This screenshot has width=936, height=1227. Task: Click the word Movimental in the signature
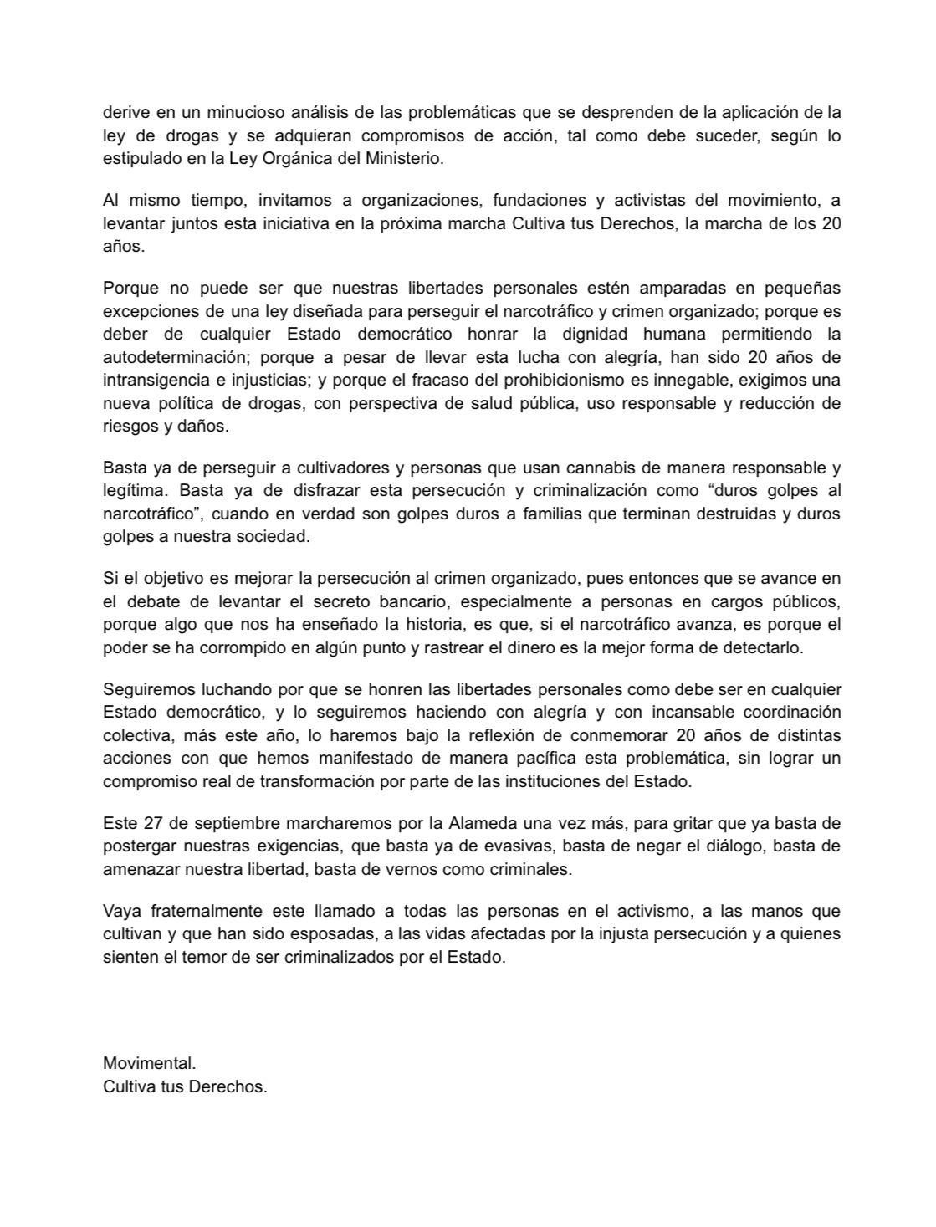point(148,1064)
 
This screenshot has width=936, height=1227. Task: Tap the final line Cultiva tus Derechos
point(185,1087)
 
